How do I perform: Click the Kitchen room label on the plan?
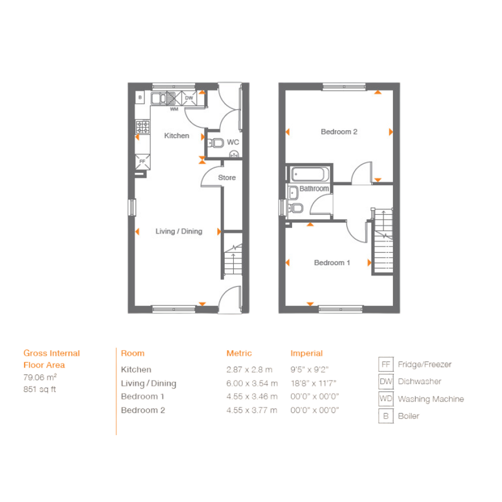coord(176,136)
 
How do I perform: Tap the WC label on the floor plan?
coord(233,142)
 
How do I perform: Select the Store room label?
coord(227,177)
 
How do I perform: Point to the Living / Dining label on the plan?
coord(178,232)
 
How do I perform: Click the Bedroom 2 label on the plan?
coord(339,132)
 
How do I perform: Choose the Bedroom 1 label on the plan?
coord(332,263)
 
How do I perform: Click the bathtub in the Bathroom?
coord(310,174)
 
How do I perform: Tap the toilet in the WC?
coord(216,143)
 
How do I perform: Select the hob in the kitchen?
coord(142,127)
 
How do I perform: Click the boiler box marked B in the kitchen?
coord(140,97)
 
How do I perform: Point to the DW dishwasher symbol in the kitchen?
coord(189,98)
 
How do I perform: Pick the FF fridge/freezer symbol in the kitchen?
coord(142,161)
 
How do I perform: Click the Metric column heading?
coord(239,353)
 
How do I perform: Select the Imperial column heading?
coord(307,353)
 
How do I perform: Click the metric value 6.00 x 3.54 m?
coord(252,383)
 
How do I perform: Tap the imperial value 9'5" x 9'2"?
coord(309,369)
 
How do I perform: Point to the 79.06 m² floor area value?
coord(40,377)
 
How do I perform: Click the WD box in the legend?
coord(386,398)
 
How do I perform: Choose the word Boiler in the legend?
coord(409,416)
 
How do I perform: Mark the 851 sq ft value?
coord(40,389)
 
